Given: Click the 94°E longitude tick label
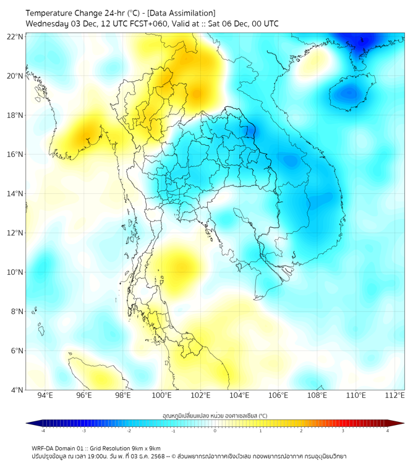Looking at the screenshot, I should click(x=45, y=395).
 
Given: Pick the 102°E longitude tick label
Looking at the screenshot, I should click(x=200, y=395).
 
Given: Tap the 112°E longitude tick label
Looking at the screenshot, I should click(x=395, y=395).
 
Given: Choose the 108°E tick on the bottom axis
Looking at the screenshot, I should click(x=317, y=395).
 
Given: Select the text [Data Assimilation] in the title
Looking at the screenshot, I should click(x=182, y=13).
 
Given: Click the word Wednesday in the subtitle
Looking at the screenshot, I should click(x=46, y=24).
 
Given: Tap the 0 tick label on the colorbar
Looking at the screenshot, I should click(x=215, y=431).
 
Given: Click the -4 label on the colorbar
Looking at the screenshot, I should click(x=43, y=431).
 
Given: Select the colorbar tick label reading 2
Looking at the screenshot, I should click(x=301, y=431).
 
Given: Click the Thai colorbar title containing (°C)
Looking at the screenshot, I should click(x=215, y=416).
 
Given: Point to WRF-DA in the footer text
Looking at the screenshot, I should click(x=43, y=448).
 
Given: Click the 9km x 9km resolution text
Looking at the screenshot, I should click(x=146, y=448).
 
